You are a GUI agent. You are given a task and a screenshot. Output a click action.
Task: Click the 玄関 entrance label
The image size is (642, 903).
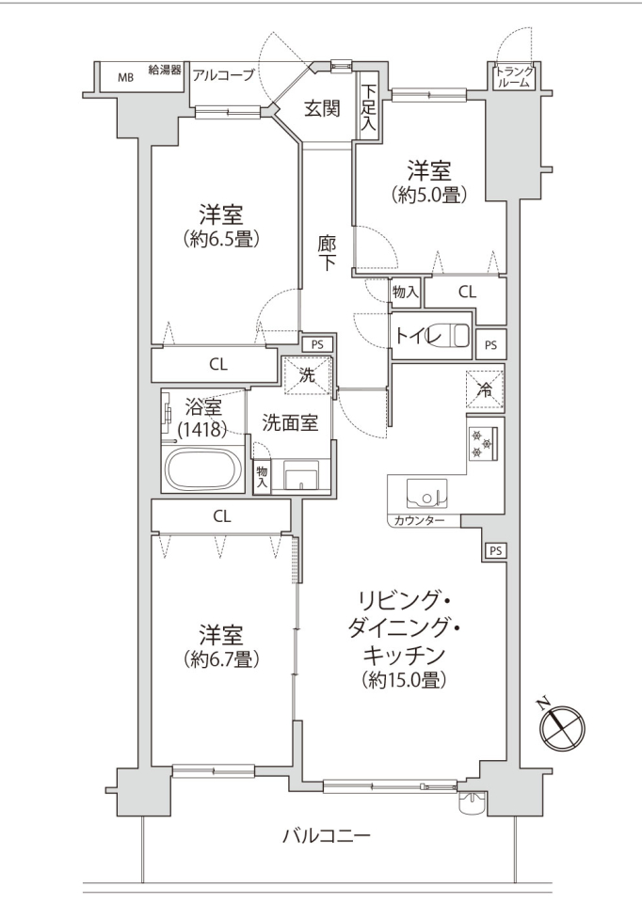click(x=322, y=107)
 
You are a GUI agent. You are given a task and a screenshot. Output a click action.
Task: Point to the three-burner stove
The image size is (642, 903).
click(x=484, y=443)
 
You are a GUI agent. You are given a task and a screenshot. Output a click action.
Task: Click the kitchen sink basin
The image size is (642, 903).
click(x=427, y=494)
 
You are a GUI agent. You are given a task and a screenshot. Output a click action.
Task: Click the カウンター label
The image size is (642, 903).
click(x=419, y=520)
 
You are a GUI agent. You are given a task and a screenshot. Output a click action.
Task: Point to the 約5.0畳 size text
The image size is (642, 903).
click(x=428, y=196)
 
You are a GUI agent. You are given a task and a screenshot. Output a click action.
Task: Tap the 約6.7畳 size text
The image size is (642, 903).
click(x=221, y=658)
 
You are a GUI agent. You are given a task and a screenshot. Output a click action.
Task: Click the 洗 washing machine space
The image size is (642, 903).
click(x=307, y=376)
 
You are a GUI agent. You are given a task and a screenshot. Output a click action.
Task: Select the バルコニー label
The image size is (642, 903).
click(x=326, y=835)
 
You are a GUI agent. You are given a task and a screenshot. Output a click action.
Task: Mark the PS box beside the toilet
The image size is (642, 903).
click(x=490, y=345)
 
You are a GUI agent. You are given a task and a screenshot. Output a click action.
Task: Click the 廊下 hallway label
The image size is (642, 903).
click(x=327, y=253)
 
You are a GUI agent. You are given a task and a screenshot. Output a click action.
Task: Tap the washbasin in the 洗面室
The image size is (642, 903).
click(x=300, y=474)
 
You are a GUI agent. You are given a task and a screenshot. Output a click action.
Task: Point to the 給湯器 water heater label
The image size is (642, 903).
click(x=165, y=71)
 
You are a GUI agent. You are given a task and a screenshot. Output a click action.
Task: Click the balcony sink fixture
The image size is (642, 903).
click(x=473, y=801)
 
